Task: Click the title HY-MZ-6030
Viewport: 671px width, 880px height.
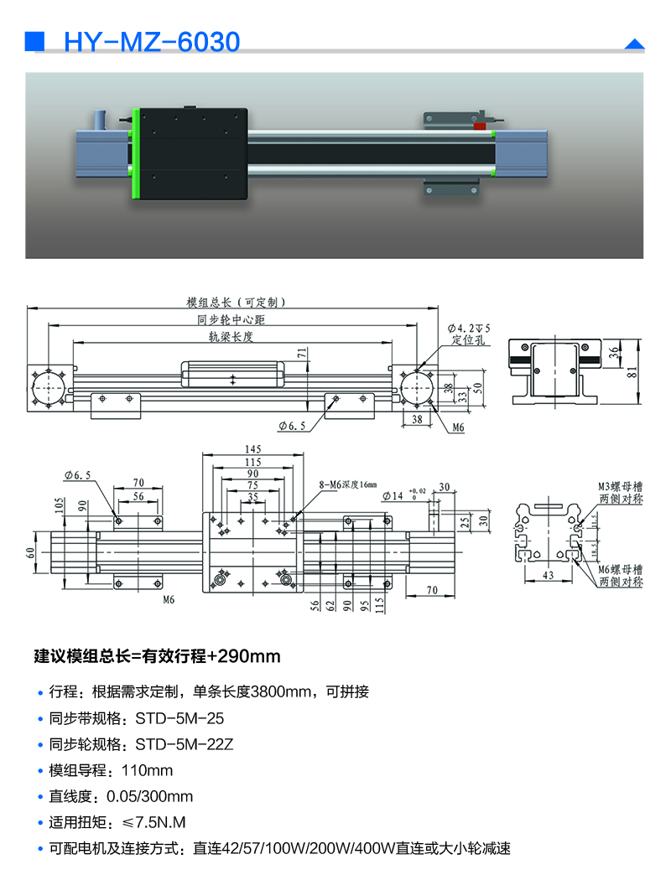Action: point(152,41)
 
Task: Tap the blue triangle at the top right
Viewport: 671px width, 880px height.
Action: point(635,44)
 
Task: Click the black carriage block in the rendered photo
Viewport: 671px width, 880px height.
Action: point(194,154)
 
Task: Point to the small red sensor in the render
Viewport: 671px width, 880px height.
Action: point(480,126)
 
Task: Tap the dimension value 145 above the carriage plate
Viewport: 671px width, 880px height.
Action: point(251,449)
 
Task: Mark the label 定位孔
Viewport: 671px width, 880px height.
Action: point(468,340)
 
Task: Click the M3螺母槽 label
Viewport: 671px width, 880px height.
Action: point(620,485)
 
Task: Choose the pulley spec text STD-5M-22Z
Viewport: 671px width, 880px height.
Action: point(185,744)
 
